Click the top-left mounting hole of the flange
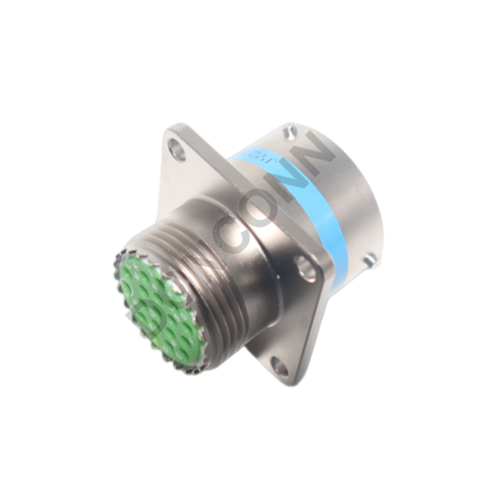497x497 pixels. pos(178,149)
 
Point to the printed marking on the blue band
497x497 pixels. pos(252,158)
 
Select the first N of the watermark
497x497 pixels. pos(291,176)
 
